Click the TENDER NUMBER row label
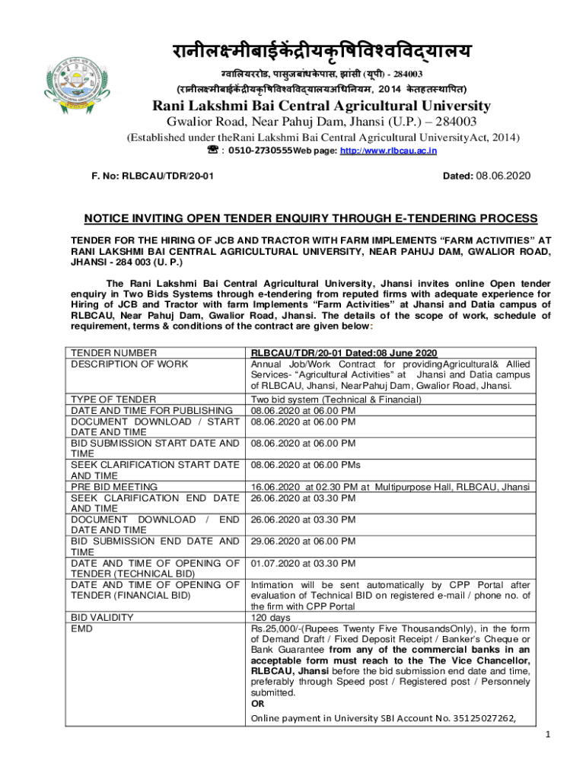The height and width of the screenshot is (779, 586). click(113, 353)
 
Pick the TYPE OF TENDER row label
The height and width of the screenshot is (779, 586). click(113, 399)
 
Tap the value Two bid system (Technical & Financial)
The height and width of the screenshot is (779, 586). click(336, 399)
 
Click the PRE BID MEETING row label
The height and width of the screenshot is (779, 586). click(113, 487)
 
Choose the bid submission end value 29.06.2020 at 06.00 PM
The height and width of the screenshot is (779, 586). click(303, 542)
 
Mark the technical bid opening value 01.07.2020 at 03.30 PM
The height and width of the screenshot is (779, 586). click(303, 564)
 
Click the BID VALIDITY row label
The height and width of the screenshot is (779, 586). click(102, 618)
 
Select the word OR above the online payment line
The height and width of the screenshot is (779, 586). click(258, 704)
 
